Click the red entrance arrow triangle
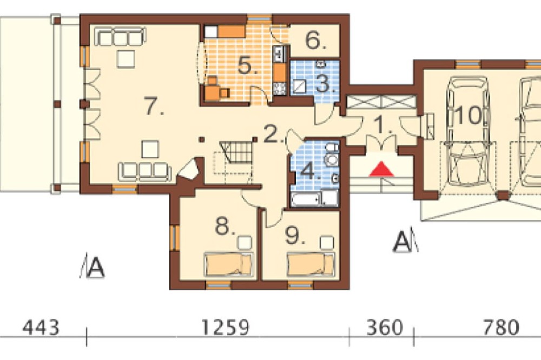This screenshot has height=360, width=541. point(381,169)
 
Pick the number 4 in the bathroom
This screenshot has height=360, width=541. point(310,171)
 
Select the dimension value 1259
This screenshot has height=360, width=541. point(225,327)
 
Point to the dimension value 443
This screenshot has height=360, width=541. point(41,327)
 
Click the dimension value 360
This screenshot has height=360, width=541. point(384,327)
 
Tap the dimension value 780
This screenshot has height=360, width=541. point(501,327)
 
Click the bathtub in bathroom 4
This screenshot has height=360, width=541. point(306,199)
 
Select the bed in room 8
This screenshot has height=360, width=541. point(228,264)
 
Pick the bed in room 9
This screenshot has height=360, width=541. point(311,264)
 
